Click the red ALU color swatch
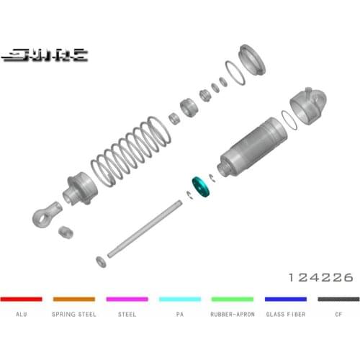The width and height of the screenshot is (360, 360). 21,298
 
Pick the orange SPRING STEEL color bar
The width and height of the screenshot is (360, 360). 73,298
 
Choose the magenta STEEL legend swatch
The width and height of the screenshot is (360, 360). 127,298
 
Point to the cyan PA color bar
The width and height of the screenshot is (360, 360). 180,298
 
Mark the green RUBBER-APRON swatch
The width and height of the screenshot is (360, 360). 233,298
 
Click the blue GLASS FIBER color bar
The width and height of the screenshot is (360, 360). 286,298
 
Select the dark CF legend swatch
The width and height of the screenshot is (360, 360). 338,298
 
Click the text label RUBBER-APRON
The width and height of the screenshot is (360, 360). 233,315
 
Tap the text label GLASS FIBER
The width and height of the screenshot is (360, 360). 286,315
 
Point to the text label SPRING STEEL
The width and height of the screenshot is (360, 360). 73,315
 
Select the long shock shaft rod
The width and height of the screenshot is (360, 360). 144,228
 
